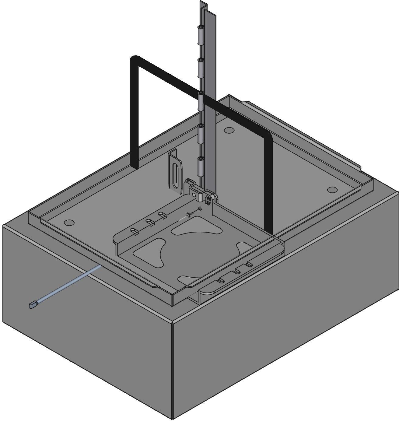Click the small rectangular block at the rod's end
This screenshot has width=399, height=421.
click(33, 305)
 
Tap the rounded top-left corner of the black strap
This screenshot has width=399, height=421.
click(134, 59)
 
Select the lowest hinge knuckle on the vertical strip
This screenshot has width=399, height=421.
click(201, 166)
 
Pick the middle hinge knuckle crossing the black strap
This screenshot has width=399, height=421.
click(201, 102)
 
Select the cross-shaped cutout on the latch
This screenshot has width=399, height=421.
click(208, 200)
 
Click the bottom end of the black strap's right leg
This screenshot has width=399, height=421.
click(268, 229)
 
